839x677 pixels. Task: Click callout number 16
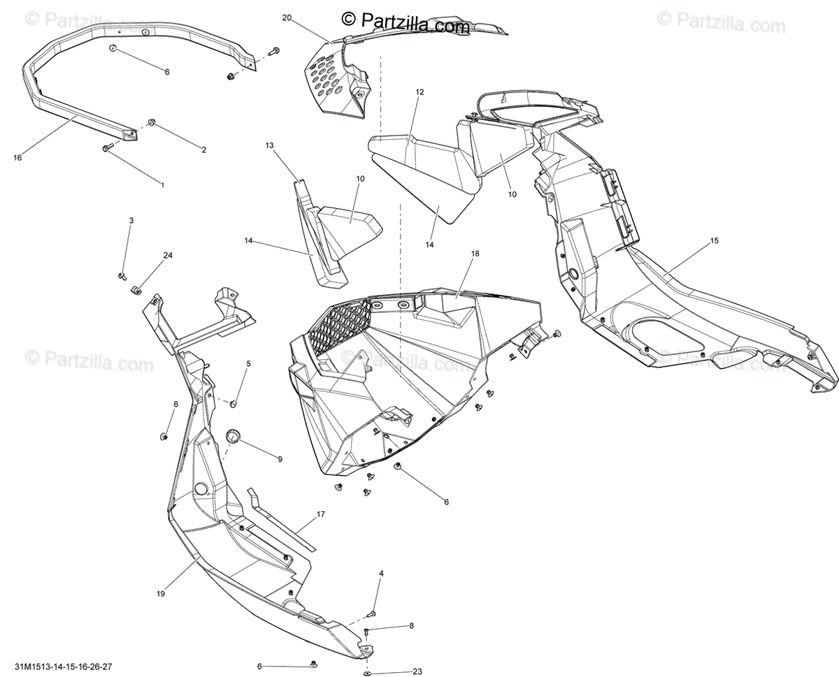click(17, 158)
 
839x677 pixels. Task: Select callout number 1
click(162, 185)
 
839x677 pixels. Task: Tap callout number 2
click(204, 150)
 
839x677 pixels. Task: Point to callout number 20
click(286, 18)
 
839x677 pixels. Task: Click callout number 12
click(419, 92)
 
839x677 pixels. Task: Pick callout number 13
click(269, 145)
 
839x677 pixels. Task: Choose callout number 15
click(714, 241)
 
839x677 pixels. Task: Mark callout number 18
click(475, 253)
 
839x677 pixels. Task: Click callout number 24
click(168, 255)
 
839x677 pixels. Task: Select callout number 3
click(131, 220)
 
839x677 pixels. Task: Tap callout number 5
click(248, 364)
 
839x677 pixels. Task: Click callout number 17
click(321, 514)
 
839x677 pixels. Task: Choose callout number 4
click(381, 574)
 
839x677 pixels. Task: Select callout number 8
click(412, 625)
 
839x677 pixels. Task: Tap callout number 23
click(417, 671)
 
